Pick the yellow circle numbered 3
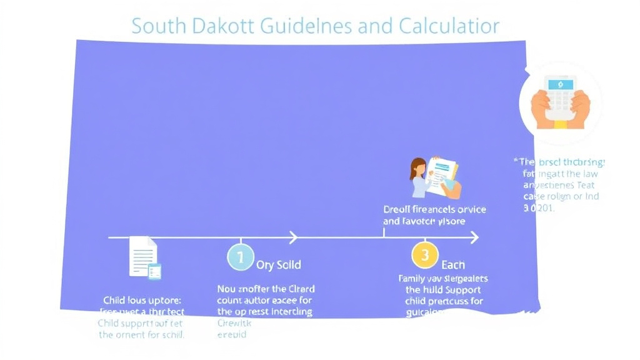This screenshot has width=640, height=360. pos(424,255)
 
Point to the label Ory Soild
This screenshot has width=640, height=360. pos(278,265)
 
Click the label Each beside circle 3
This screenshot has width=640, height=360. pos(453,265)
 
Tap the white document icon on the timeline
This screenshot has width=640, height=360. pos(143,255)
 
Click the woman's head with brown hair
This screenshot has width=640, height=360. pos(417,169)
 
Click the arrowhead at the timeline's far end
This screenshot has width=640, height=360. pos(474,237)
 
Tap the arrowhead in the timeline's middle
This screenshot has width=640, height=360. pos(292,237)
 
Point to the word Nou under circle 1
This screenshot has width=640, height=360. pos(226,289)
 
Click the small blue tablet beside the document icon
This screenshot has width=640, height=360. pos(154,271)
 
